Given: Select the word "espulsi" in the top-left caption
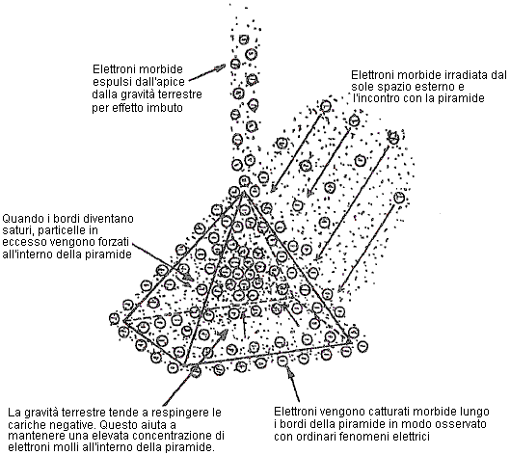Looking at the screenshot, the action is coord(109,82).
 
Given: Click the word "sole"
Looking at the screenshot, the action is coord(362,87).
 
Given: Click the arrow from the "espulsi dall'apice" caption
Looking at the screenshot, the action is coord(207,72).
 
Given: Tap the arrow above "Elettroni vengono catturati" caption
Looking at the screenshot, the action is coord(293,383).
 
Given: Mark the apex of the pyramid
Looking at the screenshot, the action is coord(243,193).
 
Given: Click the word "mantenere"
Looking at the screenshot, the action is coord(34,436).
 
